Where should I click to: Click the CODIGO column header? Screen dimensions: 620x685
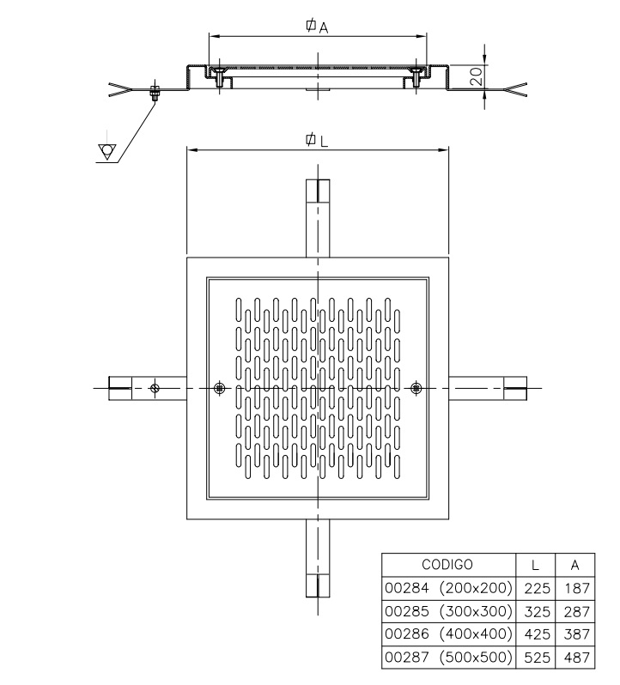click(x=447, y=565)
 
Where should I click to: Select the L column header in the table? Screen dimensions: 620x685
click(x=535, y=565)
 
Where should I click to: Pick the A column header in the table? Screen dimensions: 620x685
click(x=574, y=565)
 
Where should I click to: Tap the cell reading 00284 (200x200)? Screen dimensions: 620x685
click(x=448, y=588)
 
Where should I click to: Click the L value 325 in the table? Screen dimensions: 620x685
click(x=537, y=611)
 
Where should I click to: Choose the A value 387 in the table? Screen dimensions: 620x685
click(x=577, y=633)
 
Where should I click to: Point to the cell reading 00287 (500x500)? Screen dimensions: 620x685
click(x=448, y=657)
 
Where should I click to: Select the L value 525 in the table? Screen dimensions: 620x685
click(x=537, y=657)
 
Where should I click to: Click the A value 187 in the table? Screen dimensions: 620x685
click(x=577, y=588)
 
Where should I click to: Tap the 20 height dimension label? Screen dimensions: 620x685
click(x=477, y=76)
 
